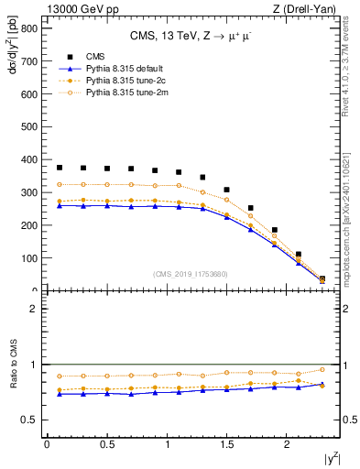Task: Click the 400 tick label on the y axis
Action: (29, 159)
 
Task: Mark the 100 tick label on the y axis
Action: (29, 258)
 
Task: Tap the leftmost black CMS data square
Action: (60, 168)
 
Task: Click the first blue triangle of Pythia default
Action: (60, 206)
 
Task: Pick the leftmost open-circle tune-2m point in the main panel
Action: (60, 185)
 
